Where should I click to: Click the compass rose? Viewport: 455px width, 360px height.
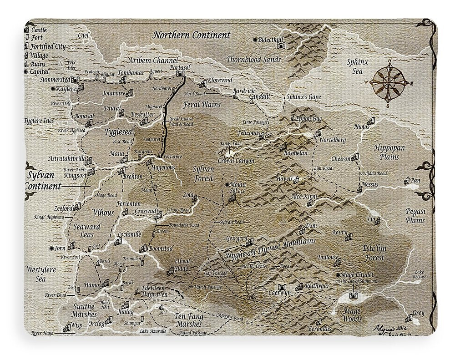coord(389,82)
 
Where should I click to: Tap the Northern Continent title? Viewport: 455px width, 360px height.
coord(192,35)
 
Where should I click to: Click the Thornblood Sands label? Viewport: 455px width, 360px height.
coord(253,59)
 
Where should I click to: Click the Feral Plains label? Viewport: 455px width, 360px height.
coord(202,105)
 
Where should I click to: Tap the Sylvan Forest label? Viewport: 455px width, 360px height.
coord(203,173)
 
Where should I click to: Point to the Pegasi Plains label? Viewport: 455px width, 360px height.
coord(415,216)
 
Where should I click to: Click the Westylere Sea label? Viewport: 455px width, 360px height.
coord(40,274)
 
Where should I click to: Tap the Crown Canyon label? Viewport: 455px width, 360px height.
coord(236,161)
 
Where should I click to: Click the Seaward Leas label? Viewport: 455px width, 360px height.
coord(86,230)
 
